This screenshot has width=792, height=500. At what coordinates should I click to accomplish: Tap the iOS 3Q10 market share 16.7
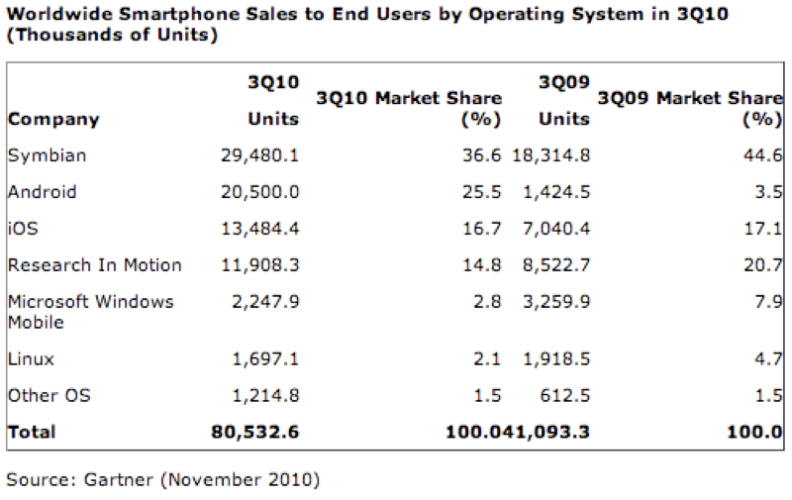pyautogui.click(x=483, y=229)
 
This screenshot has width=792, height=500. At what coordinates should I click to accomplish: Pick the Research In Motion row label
pyautogui.click(x=94, y=264)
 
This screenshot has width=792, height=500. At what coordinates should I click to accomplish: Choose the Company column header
pyautogui.click(x=53, y=119)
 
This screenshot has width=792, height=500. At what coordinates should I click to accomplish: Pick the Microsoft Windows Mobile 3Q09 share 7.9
pyautogui.click(x=768, y=301)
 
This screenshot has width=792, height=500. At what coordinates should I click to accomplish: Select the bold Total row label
pyautogui.click(x=32, y=432)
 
